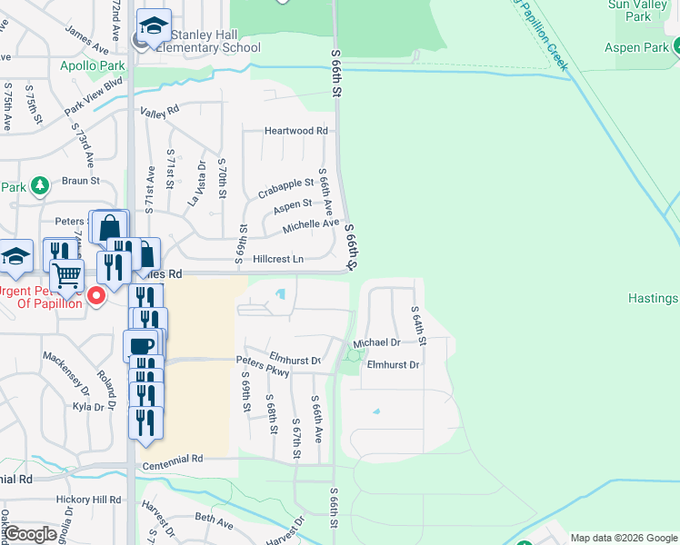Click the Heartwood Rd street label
tap(295, 131)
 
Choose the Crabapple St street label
tap(285, 188)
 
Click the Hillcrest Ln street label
tap(277, 259)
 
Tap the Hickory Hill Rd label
tap(87, 500)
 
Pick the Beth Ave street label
tap(214, 520)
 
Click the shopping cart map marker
tap(66, 273)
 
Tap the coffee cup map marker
tap(141, 345)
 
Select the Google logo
tap(30, 534)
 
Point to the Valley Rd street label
tap(160, 112)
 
